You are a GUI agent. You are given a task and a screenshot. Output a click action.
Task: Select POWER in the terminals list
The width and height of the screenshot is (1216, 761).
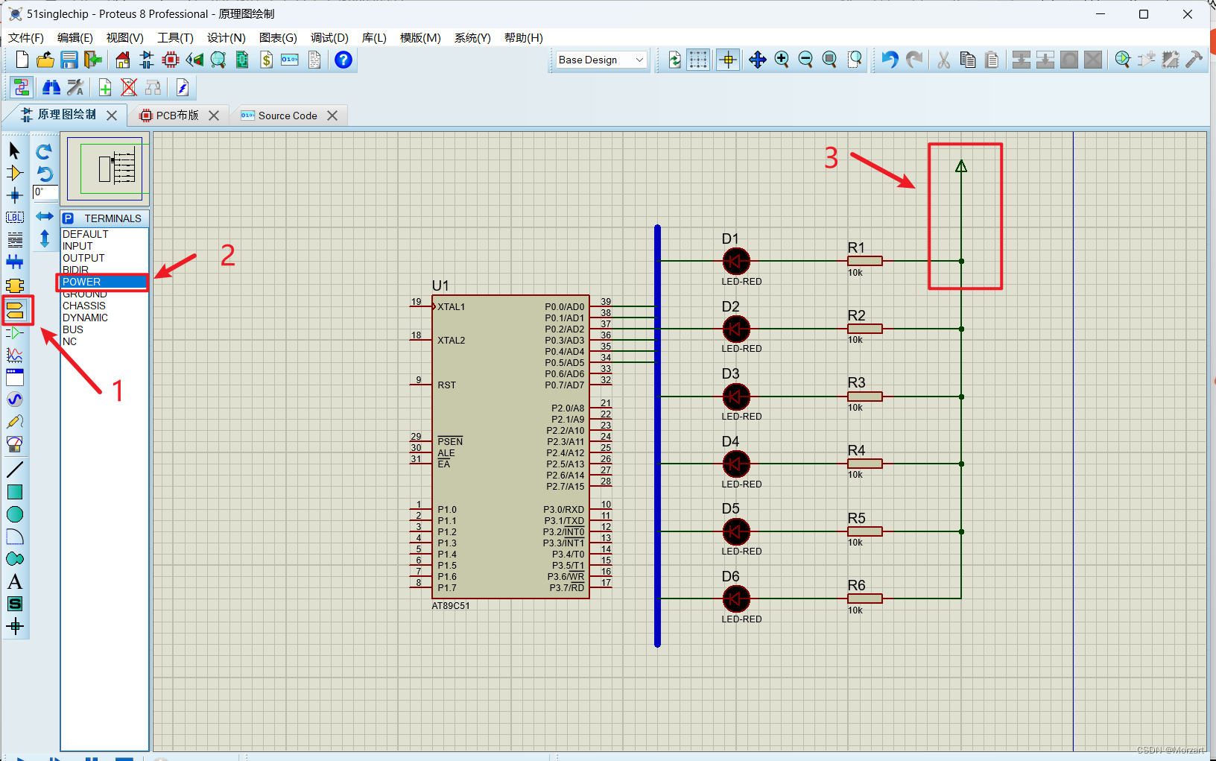point(81,282)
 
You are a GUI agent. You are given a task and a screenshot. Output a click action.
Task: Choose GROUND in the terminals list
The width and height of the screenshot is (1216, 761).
point(85,294)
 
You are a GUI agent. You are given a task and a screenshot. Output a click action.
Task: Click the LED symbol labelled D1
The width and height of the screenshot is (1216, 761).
point(736,262)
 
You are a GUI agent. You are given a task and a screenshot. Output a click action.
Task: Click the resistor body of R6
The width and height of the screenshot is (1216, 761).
point(865,599)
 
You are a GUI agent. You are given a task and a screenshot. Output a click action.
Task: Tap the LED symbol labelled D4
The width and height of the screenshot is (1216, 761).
point(736,464)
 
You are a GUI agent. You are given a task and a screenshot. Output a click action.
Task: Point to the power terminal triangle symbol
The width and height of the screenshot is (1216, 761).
point(961,166)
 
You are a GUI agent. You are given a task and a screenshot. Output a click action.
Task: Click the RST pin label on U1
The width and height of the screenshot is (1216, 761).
point(447,385)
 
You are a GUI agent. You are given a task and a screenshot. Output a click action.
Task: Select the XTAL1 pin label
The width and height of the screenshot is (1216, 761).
point(451,307)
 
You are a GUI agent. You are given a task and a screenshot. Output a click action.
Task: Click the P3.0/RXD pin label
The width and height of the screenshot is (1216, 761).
point(563,510)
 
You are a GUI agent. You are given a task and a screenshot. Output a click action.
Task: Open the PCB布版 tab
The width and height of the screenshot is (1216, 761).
point(177,116)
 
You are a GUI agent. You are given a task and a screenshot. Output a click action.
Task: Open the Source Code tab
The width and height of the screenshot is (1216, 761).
point(287,116)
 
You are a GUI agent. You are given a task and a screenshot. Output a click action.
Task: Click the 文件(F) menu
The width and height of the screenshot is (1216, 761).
point(26,37)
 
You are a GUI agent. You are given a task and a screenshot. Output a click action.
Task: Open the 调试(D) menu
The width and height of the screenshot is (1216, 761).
point(329,37)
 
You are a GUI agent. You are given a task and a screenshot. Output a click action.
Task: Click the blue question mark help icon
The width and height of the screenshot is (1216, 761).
point(343,60)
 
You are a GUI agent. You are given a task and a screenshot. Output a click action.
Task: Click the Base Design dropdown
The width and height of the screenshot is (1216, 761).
point(601,60)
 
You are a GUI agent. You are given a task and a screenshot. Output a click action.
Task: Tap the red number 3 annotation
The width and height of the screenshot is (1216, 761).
point(831,158)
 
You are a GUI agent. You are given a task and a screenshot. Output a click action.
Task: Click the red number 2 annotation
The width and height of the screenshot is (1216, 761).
point(228,255)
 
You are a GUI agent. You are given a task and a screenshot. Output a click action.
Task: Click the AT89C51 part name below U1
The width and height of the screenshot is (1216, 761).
point(451,606)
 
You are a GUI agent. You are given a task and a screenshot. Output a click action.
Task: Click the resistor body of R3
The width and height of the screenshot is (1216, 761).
point(865,397)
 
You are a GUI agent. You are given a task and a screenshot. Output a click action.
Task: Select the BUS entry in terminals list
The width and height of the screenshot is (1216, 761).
point(73,329)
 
